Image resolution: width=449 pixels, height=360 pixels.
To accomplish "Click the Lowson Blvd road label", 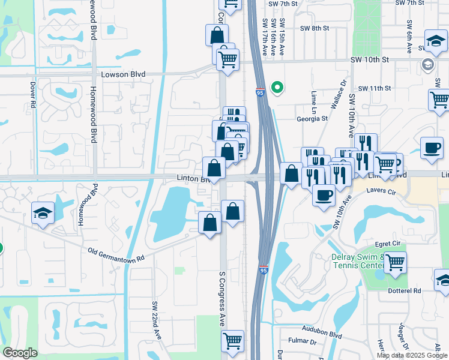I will pos(124,74).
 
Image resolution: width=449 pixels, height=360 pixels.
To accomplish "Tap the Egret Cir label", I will pos(387,243).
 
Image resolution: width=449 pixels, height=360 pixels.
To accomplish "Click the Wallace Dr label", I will pos(338,96).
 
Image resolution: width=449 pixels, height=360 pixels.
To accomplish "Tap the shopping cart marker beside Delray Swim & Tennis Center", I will pos(395,262).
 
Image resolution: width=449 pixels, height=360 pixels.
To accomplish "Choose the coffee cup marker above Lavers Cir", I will pos(324,194).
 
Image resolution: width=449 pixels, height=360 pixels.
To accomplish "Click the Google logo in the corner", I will pos(20,353).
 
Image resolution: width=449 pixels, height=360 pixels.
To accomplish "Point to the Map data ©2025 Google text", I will pos(412,355).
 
